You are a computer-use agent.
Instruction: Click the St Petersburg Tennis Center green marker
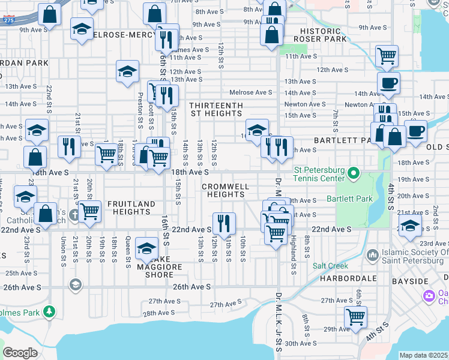(x=354, y=175)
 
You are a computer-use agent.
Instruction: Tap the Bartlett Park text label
(x=349, y=199)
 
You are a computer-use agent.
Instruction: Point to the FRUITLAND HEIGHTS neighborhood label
(x=131, y=208)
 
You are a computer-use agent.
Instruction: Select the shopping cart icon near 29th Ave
(x=356, y=317)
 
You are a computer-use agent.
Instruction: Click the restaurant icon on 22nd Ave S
(x=224, y=223)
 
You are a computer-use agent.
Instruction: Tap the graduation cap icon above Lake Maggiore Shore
(x=146, y=248)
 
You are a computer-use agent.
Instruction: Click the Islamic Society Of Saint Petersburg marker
(x=374, y=255)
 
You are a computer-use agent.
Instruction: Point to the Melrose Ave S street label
(x=252, y=92)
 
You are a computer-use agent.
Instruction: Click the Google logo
(x=20, y=353)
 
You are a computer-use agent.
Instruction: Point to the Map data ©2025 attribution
(x=423, y=355)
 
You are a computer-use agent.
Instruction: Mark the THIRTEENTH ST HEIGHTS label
(x=217, y=109)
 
